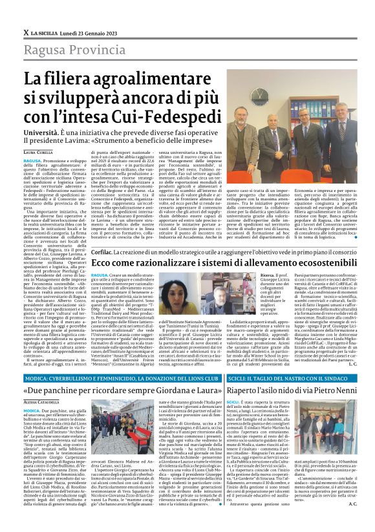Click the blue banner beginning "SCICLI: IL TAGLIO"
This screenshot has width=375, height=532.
click(281, 378)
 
